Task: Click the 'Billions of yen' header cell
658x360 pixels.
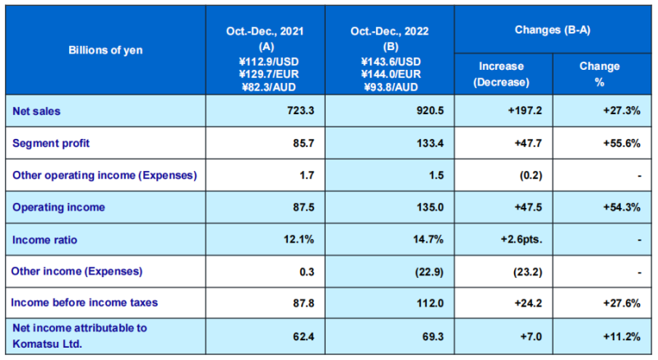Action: (105, 50)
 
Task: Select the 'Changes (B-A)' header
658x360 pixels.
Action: (552, 30)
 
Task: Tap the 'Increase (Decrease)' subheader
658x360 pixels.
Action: (502, 74)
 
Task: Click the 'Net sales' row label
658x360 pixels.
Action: (36, 109)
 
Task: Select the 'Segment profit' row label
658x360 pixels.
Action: (52, 142)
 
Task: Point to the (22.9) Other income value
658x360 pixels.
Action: (430, 270)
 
